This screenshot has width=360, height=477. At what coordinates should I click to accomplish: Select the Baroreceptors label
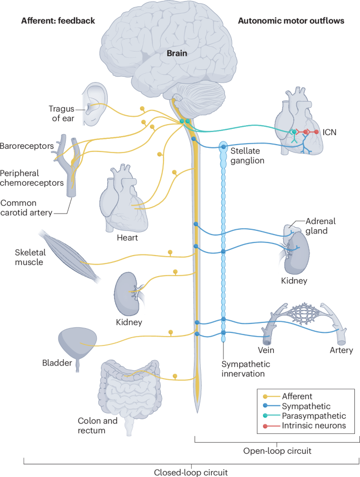click(x=27, y=146)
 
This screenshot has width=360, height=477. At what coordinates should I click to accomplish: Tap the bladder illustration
click(x=78, y=343)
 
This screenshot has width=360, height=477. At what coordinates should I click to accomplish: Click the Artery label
click(x=341, y=350)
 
